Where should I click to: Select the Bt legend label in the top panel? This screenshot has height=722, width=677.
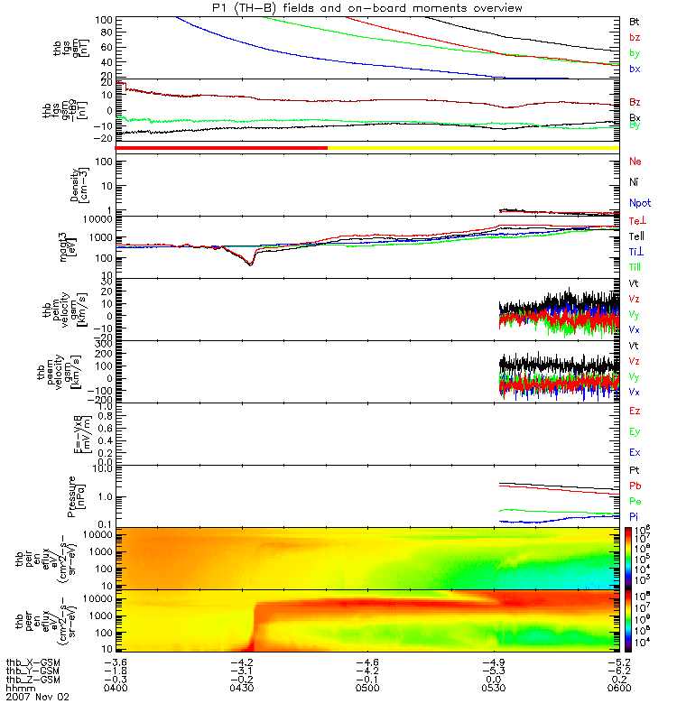tap(634, 21)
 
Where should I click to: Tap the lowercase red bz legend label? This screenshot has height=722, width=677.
tap(634, 37)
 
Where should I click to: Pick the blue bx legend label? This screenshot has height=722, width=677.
tap(634, 69)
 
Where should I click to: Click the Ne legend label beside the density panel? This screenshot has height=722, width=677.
tap(635, 162)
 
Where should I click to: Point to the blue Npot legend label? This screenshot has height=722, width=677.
tap(636, 205)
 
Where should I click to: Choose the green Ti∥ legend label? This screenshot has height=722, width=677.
tap(635, 267)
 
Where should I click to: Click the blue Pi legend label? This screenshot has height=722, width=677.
tap(634, 515)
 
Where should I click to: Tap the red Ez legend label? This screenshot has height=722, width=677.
tap(635, 411)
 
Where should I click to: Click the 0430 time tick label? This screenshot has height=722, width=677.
tap(241, 689)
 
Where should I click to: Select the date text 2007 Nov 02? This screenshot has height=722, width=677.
tap(37, 698)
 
